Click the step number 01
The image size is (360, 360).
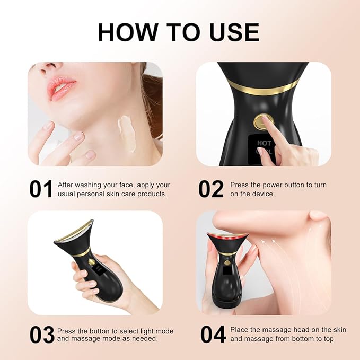tap(40, 189)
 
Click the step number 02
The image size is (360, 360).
tap(210, 189)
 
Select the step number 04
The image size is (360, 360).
tap(213, 335)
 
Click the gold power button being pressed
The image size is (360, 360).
tap(261, 121)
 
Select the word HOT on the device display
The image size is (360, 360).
tap(264, 143)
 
